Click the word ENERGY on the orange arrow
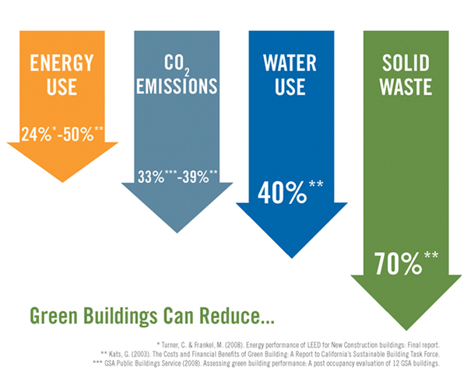point(61,63)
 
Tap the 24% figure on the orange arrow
point(37,135)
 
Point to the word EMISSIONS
point(177,86)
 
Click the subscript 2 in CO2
point(187,72)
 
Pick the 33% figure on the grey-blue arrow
point(151,177)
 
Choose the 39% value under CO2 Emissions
point(195,177)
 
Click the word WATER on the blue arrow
point(290,63)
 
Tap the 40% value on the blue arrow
point(282,193)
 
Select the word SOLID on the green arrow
point(406,63)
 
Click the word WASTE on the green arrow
point(406,86)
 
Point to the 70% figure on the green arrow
point(399,264)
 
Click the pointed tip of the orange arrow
point(62,182)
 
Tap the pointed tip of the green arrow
point(406,330)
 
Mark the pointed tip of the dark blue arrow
point(292,258)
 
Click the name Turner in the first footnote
point(170,345)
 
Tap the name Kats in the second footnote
point(114,354)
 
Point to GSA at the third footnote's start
point(110,363)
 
